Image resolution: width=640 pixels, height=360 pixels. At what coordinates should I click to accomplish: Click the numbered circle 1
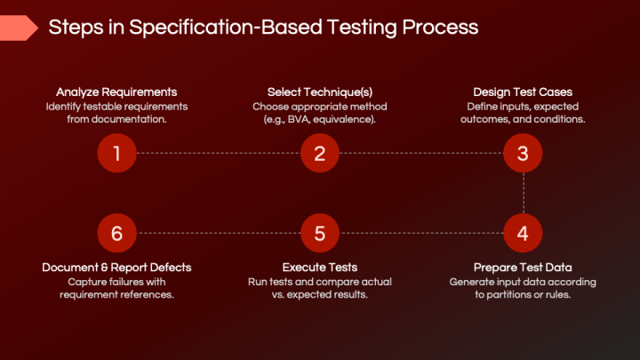pyautogui.click(x=116, y=153)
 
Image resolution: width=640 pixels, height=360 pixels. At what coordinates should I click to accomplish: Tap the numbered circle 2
pyautogui.click(x=320, y=153)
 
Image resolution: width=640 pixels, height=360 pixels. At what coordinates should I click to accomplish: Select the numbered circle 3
pyautogui.click(x=523, y=153)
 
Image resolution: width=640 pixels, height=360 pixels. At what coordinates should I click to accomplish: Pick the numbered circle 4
pyautogui.click(x=523, y=233)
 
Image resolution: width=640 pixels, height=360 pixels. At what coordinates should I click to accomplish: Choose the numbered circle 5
pyautogui.click(x=320, y=233)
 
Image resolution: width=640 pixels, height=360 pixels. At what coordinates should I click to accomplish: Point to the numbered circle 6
pyautogui.click(x=116, y=233)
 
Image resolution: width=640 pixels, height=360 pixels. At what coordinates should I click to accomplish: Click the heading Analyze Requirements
pyautogui.click(x=116, y=92)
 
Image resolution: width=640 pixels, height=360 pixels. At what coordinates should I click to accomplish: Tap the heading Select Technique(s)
pyautogui.click(x=320, y=92)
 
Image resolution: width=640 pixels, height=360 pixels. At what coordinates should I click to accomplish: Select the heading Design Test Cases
pyautogui.click(x=523, y=92)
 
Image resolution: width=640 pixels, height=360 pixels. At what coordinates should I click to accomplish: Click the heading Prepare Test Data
pyautogui.click(x=523, y=267)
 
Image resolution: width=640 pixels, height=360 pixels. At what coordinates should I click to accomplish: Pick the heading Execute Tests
pyautogui.click(x=320, y=267)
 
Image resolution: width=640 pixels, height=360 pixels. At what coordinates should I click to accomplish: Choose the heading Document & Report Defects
pyautogui.click(x=116, y=267)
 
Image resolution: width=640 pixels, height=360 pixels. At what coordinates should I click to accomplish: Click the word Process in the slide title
pyautogui.click(x=439, y=28)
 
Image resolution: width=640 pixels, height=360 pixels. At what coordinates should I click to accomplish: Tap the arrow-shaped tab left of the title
pyautogui.click(x=18, y=28)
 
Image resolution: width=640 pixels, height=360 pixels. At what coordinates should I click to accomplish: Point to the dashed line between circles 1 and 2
pyautogui.click(x=218, y=153)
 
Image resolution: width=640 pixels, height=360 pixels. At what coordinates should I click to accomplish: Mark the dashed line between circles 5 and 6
pyautogui.click(x=218, y=233)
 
